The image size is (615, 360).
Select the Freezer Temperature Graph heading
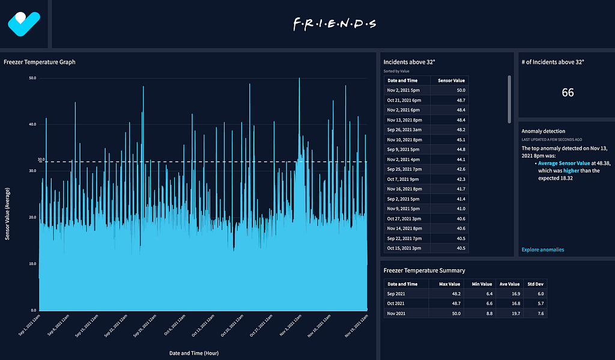(x=40, y=62)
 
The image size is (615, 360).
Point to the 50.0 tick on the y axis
(x=32, y=78)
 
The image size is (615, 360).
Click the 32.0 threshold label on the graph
(x=41, y=160)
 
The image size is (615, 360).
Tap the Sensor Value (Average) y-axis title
(x=8, y=206)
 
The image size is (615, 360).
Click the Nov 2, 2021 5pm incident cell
(x=404, y=90)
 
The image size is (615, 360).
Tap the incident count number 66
(x=568, y=93)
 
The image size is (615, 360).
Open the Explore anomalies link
(x=543, y=249)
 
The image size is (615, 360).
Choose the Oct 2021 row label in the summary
(x=396, y=304)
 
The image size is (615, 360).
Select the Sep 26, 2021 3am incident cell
(x=405, y=130)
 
